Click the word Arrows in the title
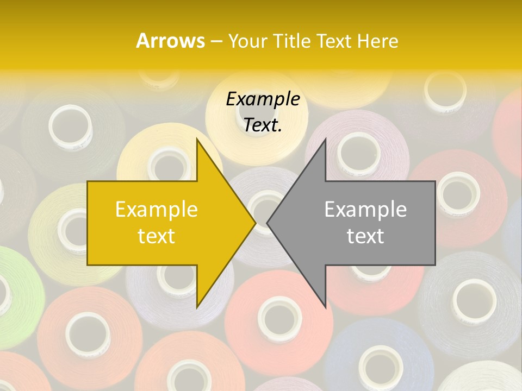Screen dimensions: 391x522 170,41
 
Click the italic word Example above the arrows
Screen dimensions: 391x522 263,99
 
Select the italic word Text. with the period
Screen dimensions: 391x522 263,125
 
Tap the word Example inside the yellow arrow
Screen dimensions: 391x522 157,209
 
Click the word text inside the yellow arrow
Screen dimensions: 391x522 157,236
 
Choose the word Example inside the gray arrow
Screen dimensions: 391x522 365,209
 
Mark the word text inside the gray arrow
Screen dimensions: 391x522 365,236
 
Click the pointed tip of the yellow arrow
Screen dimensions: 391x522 255,223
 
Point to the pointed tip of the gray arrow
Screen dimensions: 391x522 268,223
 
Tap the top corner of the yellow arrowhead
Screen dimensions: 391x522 197,139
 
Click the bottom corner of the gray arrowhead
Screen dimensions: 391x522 325,307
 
